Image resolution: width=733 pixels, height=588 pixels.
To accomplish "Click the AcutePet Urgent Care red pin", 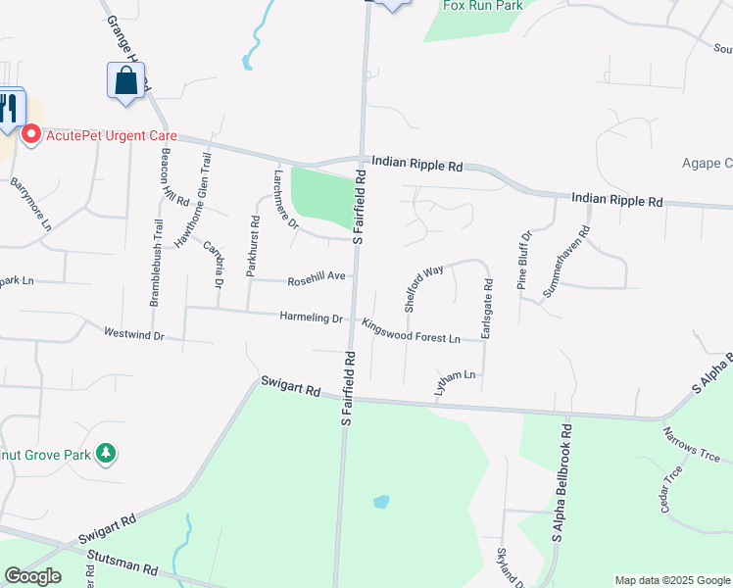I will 30,134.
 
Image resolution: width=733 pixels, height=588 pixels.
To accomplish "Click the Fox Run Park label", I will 483,5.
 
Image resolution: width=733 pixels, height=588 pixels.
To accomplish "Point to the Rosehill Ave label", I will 317,279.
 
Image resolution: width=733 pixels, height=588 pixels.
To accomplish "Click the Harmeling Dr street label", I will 311,318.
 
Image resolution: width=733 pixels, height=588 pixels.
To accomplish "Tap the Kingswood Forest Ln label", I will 412,331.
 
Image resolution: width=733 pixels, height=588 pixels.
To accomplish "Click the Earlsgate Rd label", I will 487,309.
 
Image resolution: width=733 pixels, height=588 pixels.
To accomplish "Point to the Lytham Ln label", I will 455,383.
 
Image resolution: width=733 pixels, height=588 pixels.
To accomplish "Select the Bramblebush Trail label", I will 156,264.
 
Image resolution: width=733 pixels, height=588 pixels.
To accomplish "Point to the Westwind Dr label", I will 133,334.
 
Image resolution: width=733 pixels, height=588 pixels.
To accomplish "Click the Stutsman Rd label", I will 122,567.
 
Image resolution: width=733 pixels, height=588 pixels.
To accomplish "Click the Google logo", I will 32,576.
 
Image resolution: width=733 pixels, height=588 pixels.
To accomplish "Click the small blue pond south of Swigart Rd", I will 381,502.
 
